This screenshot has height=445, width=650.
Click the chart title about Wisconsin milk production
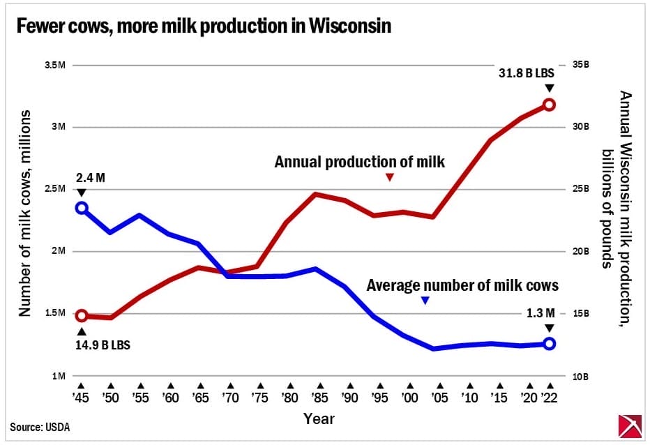(x=203, y=27)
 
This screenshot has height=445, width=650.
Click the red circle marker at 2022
(x=549, y=105)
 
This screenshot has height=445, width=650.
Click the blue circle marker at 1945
(x=82, y=208)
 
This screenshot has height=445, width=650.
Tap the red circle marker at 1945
(x=82, y=316)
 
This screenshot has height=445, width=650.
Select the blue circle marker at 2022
(x=549, y=343)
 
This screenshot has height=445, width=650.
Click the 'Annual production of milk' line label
(x=359, y=162)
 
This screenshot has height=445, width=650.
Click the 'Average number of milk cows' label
(x=462, y=285)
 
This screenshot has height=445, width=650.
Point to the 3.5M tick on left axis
(x=54, y=66)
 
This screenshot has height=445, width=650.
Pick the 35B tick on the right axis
(x=581, y=66)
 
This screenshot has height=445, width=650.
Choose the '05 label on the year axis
(x=439, y=397)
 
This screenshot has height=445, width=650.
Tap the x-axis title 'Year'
(x=319, y=418)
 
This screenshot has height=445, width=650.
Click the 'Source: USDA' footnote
(x=40, y=426)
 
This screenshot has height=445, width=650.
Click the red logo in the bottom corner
(x=630, y=426)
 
